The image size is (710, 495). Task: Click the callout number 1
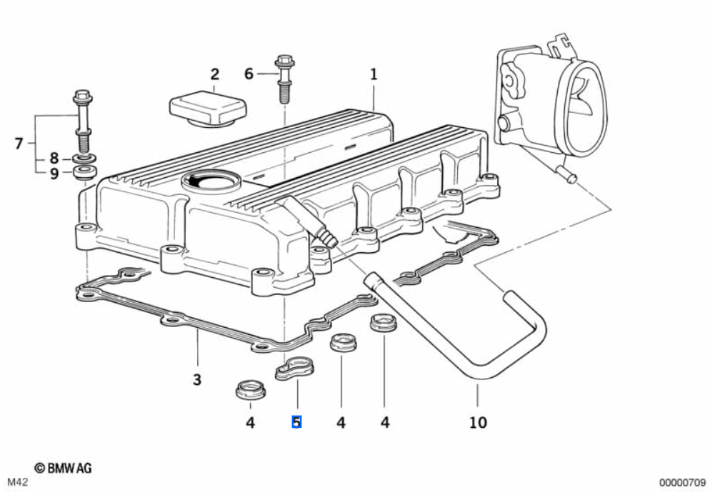tap(373, 74)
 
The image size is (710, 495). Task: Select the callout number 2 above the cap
tap(214, 74)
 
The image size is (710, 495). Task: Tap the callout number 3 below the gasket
tap(197, 379)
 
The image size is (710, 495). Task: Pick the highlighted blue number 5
tap(296, 422)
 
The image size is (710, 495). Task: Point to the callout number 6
tap(249, 74)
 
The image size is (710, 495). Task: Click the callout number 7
tap(19, 144)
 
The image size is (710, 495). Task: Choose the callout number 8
tap(54, 158)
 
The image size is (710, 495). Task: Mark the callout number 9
tap(54, 174)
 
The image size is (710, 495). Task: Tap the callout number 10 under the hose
tap(477, 422)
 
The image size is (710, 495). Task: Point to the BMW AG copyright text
tap(63, 468)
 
